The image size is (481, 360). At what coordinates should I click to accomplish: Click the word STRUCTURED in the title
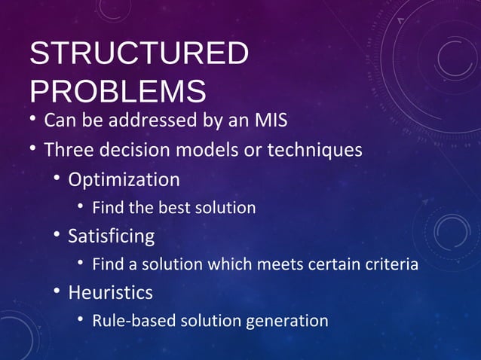pos(139,55)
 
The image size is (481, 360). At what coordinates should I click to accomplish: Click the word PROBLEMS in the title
pos(118,90)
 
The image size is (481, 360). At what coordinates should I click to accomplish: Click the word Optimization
pos(124,180)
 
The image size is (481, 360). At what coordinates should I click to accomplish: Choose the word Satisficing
pos(112,236)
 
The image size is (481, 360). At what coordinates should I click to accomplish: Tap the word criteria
pos(389,264)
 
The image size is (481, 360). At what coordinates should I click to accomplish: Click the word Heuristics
pos(110,292)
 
